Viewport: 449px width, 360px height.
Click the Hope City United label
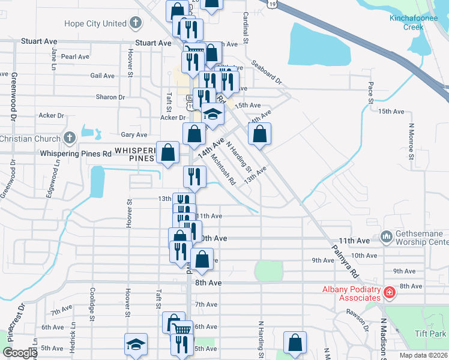(x=95, y=23)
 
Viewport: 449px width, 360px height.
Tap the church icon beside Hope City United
(x=136, y=23)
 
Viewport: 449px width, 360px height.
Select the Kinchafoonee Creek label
(x=415, y=23)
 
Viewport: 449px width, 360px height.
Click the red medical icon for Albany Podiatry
(x=390, y=292)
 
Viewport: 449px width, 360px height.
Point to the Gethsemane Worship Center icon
(x=386, y=238)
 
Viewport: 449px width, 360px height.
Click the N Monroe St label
(x=412, y=142)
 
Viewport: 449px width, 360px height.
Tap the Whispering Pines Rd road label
(x=76, y=154)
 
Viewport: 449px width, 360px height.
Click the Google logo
(x=19, y=353)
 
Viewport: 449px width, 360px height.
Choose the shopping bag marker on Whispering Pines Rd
(x=169, y=152)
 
